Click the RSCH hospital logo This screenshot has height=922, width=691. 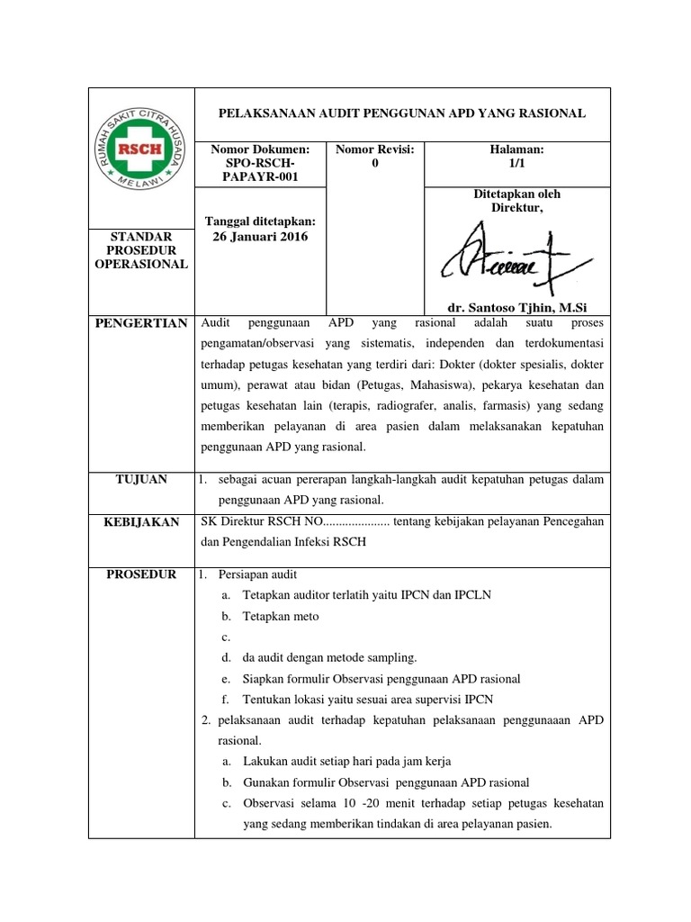[x=141, y=150]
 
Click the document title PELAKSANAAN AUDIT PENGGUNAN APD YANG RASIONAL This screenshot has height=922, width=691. [x=403, y=113]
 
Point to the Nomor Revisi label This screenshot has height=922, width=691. [x=374, y=149]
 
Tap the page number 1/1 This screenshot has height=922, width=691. [x=516, y=163]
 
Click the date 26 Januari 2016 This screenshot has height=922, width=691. [x=259, y=237]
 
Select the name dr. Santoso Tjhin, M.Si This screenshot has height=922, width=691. [x=516, y=306]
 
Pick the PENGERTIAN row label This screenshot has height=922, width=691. [x=141, y=323]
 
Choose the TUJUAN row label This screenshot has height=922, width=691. [x=141, y=479]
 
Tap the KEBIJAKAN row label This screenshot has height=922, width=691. [x=141, y=522]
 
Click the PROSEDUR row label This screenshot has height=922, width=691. [x=141, y=574]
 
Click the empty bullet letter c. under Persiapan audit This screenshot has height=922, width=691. [x=224, y=637]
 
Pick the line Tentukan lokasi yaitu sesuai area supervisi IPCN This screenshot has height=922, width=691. [x=368, y=699]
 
